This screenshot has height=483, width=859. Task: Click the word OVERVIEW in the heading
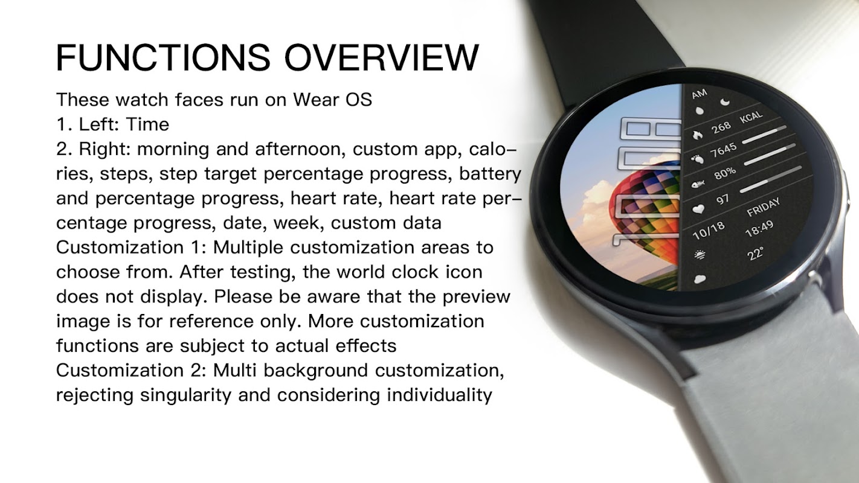(x=382, y=57)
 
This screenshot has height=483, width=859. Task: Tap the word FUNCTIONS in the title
(x=163, y=57)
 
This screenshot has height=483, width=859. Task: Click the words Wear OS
(x=332, y=100)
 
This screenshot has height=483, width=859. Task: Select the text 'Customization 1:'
(x=131, y=248)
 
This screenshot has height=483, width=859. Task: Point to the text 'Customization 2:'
(x=131, y=370)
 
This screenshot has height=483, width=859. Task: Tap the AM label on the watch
(x=700, y=94)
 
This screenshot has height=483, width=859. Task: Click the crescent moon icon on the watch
(x=725, y=101)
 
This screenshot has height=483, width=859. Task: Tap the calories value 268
(x=721, y=127)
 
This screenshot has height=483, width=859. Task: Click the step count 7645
(x=724, y=150)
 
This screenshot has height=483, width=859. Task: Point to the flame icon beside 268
(x=697, y=135)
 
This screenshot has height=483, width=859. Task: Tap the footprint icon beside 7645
(x=698, y=158)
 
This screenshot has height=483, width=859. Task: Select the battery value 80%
(x=725, y=174)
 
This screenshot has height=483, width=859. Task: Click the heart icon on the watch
(x=698, y=209)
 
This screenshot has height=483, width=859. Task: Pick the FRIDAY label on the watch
(x=764, y=207)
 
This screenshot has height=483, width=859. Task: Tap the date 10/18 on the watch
(x=709, y=231)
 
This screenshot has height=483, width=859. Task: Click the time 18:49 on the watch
(x=759, y=229)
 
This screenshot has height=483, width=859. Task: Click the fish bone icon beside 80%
(x=698, y=184)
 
